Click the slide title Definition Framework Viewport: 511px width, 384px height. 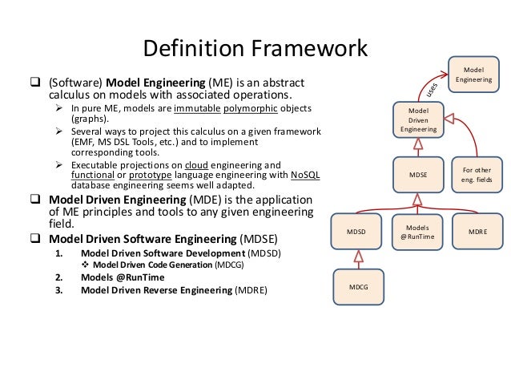(x=255, y=49)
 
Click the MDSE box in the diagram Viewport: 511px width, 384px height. (x=417, y=172)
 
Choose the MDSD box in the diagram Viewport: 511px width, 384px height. (x=358, y=231)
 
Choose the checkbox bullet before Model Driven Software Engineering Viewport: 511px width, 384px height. (x=37, y=238)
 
